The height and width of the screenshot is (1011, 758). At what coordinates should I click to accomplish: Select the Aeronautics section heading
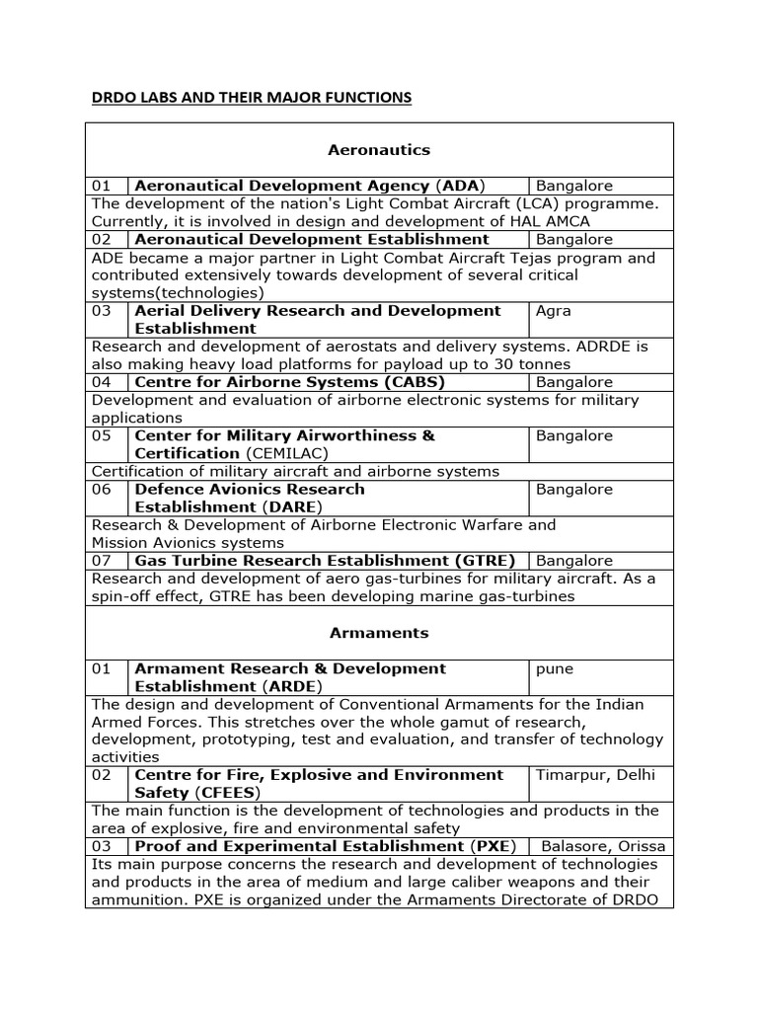pos(379,150)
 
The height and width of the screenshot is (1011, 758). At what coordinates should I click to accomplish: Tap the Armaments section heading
pos(379,632)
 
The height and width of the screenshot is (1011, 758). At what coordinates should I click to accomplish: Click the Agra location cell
pos(554,311)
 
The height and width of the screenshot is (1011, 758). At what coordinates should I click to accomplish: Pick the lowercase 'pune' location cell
pos(555,668)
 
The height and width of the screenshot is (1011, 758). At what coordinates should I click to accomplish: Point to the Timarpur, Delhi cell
pos(595,775)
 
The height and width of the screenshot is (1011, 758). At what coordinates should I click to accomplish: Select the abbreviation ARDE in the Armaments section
pos(292,686)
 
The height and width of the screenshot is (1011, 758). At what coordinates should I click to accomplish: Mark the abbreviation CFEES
pos(228,793)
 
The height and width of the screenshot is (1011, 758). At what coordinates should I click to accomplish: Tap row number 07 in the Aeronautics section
pos(103,561)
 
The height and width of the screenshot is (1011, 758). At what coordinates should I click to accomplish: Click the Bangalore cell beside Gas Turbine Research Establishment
pos(574,561)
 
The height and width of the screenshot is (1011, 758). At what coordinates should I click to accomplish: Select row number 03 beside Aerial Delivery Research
pos(103,311)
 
